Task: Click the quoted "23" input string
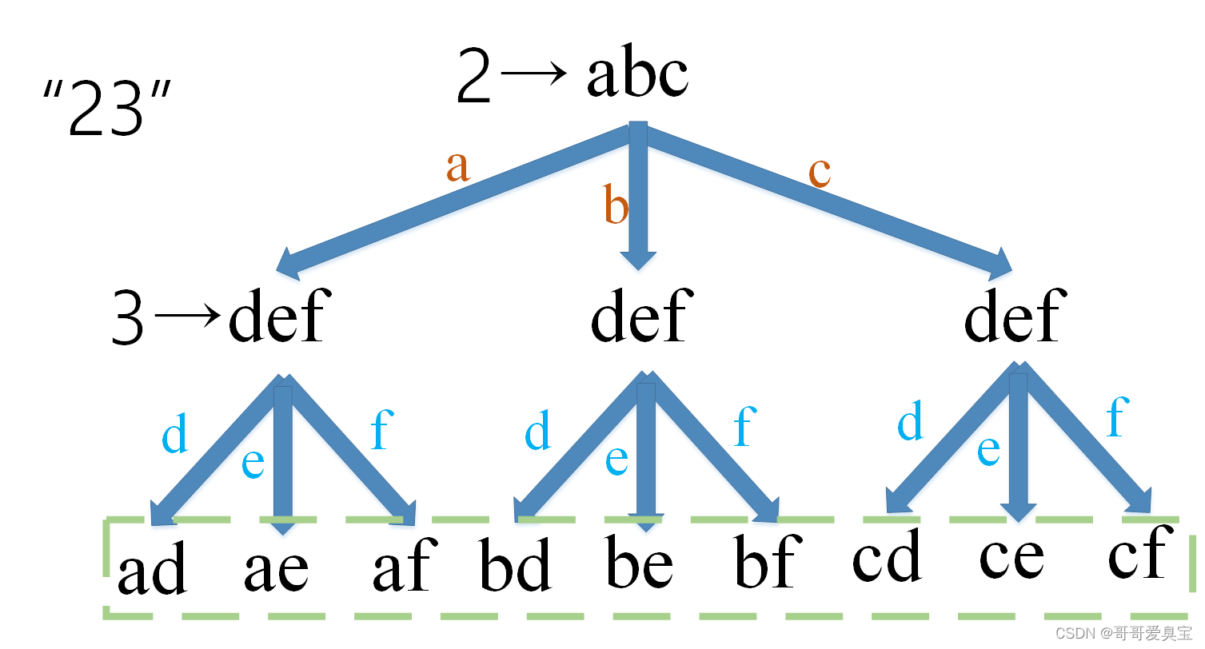[107, 109]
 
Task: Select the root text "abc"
[637, 76]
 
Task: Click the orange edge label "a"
[457, 167]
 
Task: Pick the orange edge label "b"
[616, 206]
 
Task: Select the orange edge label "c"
[820, 172]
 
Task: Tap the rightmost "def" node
[1013, 315]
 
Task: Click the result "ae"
[276, 568]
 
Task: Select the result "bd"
[516, 566]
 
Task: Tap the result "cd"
[887, 556]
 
